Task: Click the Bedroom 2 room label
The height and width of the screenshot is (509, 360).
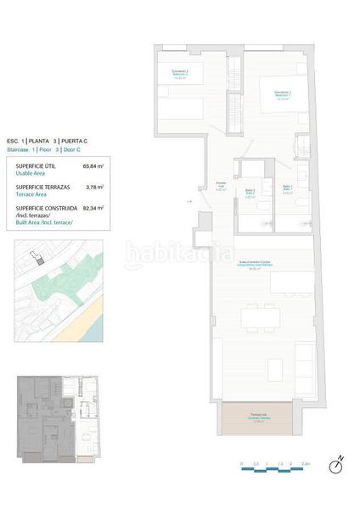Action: [x=179, y=73]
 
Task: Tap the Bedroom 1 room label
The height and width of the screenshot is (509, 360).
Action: [x=283, y=92]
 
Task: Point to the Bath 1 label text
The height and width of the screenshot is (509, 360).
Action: [x=287, y=187]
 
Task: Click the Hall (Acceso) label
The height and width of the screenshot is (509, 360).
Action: [x=221, y=186]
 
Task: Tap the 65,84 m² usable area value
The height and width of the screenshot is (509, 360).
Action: [x=93, y=165]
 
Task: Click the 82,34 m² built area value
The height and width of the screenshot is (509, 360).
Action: [x=93, y=208]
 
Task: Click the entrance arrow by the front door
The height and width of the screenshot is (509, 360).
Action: [x=190, y=201]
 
